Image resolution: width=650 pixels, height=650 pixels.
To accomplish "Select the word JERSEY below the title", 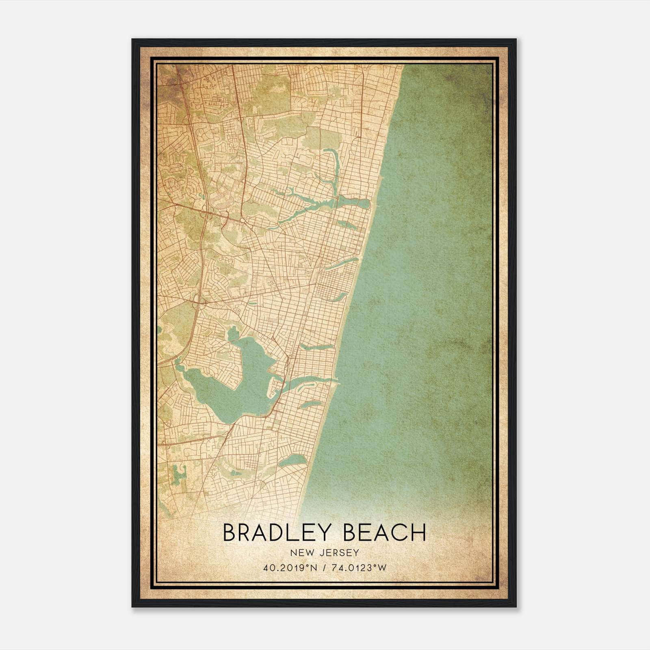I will pyautogui.click(x=340, y=552).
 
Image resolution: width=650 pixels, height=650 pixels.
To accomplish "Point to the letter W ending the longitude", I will pyautogui.click(x=382, y=568).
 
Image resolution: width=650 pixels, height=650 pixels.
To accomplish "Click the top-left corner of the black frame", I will pyautogui.click(x=132, y=39).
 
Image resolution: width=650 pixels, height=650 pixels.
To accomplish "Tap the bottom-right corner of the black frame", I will pyautogui.click(x=516, y=607).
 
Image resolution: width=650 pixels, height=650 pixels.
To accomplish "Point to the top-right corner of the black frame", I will pyautogui.click(x=516, y=39).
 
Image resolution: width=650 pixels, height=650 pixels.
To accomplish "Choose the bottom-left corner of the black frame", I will pyautogui.click(x=132, y=607).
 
